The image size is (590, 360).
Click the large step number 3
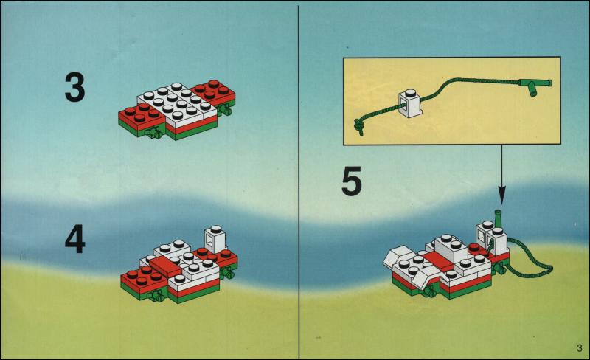click(74, 87)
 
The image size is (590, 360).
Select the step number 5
click(352, 181)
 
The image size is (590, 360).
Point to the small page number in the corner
click(580, 348)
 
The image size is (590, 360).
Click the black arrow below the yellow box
click(502, 175)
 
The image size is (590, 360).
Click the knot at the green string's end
click(358, 126)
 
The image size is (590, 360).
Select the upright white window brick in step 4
click(215, 239)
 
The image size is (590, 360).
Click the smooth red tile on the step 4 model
click(166, 266)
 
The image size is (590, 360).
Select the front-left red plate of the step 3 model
click(141, 119)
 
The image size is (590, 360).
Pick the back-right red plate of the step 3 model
click(213, 93)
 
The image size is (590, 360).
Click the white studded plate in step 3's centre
click(176, 103)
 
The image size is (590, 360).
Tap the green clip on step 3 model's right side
click(226, 110)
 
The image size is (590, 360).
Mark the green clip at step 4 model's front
click(157, 297)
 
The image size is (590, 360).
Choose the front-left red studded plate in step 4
click(143, 279)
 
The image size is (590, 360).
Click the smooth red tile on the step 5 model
click(438, 260)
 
